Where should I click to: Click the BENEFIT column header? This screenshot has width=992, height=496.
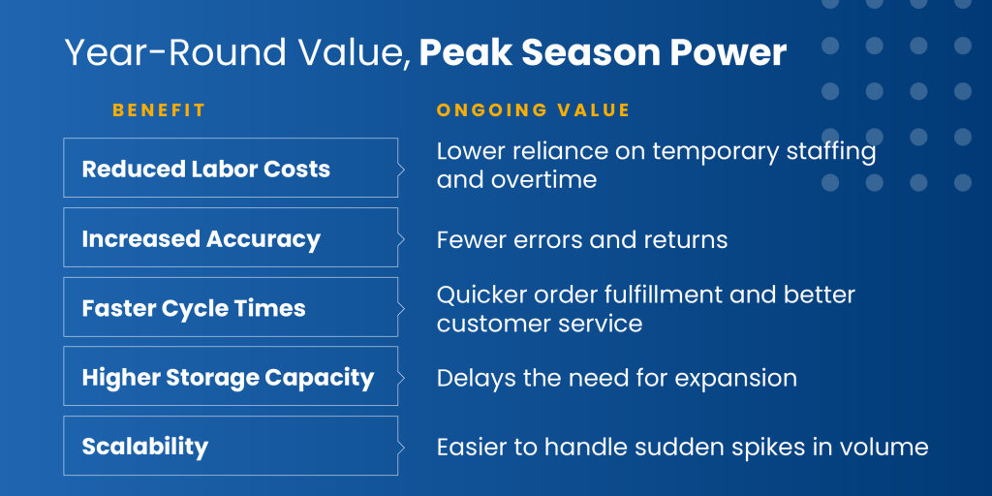pyautogui.click(x=159, y=110)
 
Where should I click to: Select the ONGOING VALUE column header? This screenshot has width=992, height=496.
pyautogui.click(x=534, y=110)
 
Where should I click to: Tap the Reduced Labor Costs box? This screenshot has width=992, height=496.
pyautogui.click(x=231, y=168)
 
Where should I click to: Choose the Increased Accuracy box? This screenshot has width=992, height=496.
pyautogui.click(x=231, y=237)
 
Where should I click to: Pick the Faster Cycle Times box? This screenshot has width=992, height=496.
pyautogui.click(x=231, y=307)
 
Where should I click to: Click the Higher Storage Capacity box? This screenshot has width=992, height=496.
pyautogui.click(x=231, y=376)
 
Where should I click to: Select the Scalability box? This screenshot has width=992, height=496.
pyautogui.click(x=231, y=446)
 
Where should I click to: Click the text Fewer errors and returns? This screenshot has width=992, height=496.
pyautogui.click(x=582, y=240)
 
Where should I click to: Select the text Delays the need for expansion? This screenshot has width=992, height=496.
pyautogui.click(x=617, y=379)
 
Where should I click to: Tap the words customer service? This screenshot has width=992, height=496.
pyautogui.click(x=540, y=324)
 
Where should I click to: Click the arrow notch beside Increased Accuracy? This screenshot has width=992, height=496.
pyautogui.click(x=400, y=237)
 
